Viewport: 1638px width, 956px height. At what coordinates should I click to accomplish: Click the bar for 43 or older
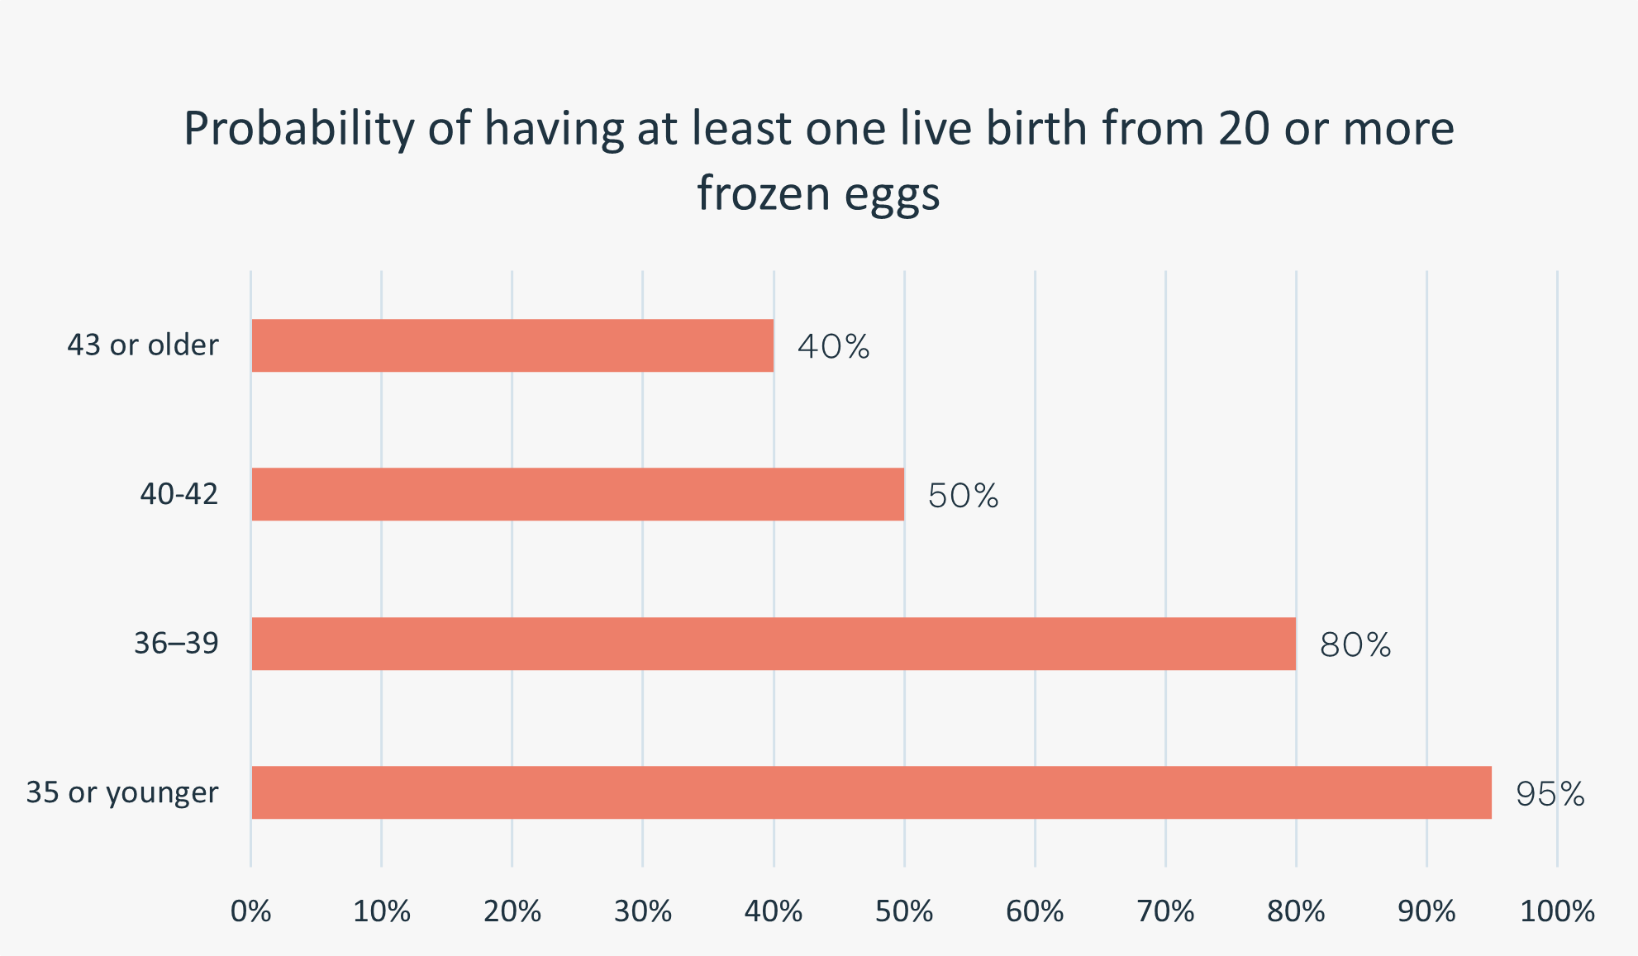click(x=512, y=345)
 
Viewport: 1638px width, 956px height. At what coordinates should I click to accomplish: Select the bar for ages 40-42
click(x=578, y=494)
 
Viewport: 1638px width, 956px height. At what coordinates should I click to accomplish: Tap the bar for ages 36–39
click(x=774, y=644)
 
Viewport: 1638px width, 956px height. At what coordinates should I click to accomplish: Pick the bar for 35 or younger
click(x=871, y=792)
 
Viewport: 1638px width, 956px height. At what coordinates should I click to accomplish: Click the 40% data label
click(x=833, y=347)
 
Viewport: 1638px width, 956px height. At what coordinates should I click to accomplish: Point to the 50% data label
click(x=963, y=496)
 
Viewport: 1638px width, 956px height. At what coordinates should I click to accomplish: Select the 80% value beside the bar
click(x=1355, y=645)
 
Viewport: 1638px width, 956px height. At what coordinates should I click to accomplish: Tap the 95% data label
click(x=1550, y=794)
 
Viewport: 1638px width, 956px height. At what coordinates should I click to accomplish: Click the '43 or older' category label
click(x=143, y=345)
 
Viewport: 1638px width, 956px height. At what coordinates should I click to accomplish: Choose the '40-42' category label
click(x=179, y=494)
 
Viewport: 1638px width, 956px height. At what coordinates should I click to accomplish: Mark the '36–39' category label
click(x=176, y=643)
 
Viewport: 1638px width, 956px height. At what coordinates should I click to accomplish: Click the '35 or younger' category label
click(x=122, y=792)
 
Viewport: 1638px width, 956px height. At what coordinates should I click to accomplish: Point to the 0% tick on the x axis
click(x=251, y=911)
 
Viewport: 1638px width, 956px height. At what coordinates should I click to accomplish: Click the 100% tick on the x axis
click(x=1557, y=911)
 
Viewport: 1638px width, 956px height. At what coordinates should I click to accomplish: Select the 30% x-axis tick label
click(x=643, y=911)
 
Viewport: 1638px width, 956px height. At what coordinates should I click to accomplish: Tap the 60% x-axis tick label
click(x=1035, y=911)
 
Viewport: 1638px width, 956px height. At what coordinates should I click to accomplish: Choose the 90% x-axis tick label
click(x=1426, y=911)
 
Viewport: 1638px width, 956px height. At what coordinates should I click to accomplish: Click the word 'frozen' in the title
click(x=763, y=193)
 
